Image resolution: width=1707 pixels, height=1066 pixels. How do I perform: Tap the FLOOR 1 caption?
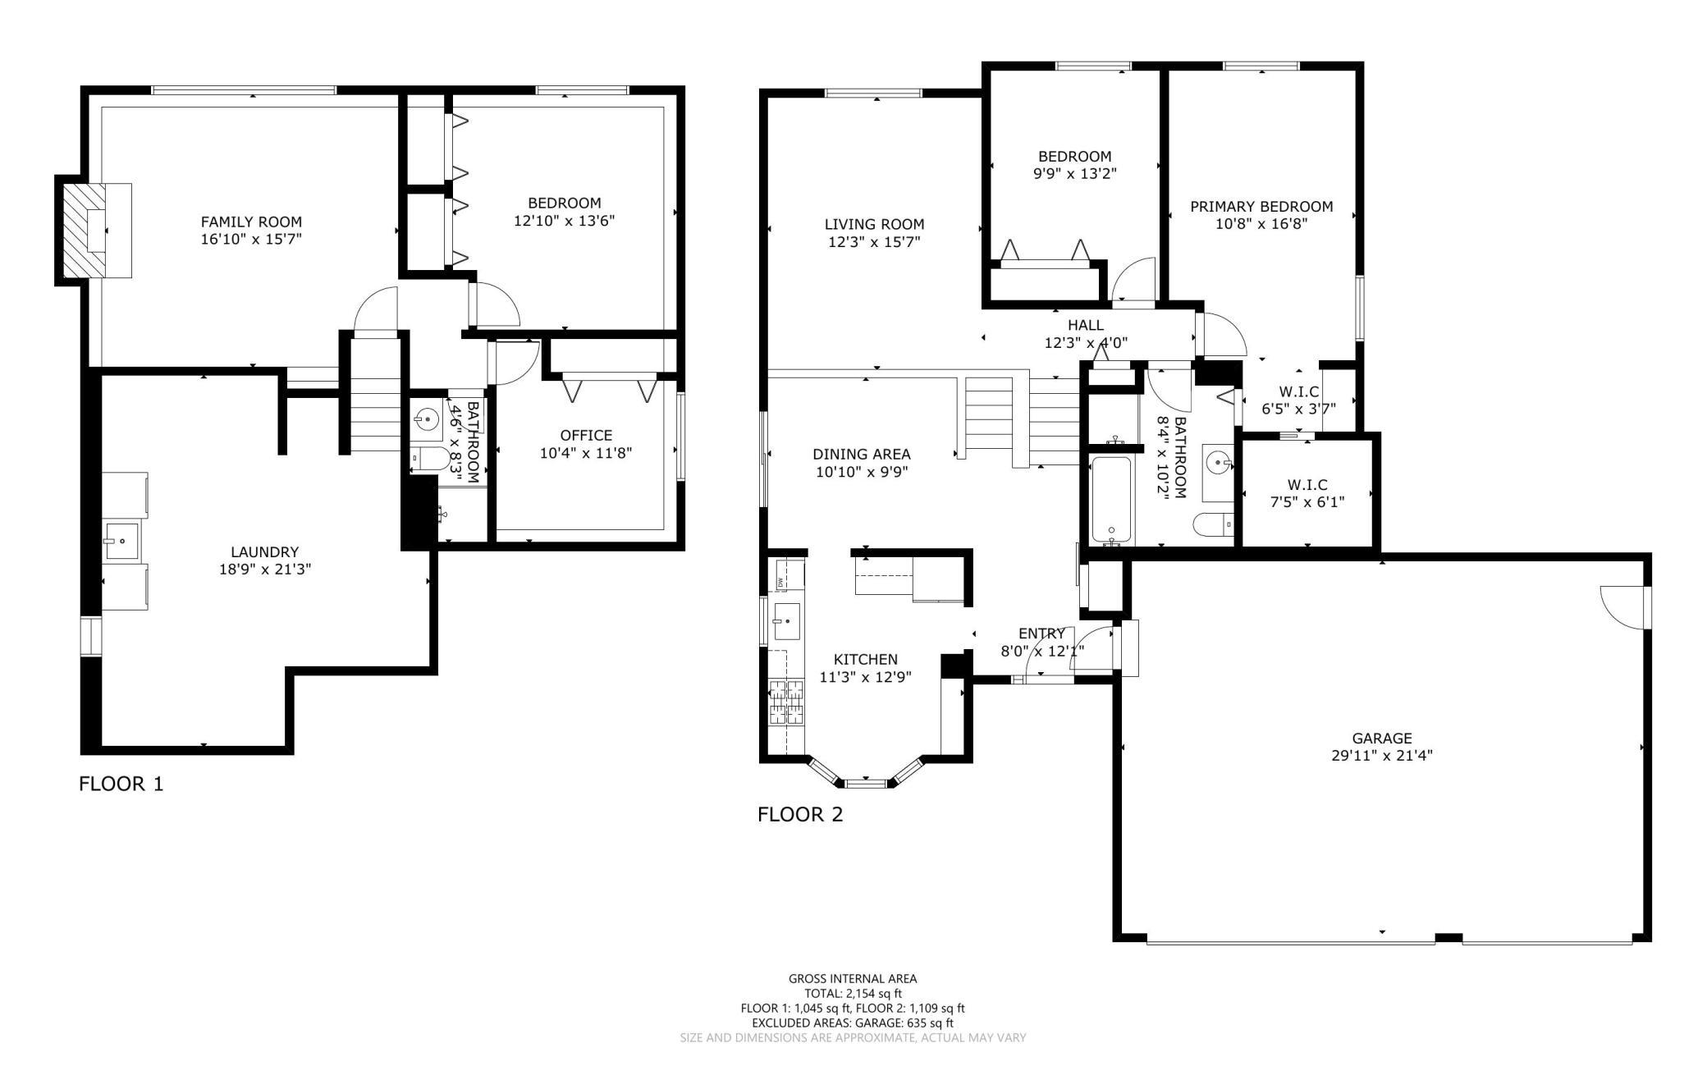pyautogui.click(x=121, y=784)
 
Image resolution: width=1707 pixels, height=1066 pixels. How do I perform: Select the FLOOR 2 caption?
pyautogui.click(x=800, y=814)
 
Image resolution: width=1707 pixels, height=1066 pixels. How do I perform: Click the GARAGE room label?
pyautogui.click(x=1382, y=738)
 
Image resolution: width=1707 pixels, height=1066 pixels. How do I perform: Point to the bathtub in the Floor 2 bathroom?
pyautogui.click(x=1113, y=501)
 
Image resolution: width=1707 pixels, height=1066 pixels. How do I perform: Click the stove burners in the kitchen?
pyautogui.click(x=786, y=702)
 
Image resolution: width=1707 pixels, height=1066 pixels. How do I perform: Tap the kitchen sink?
pyautogui.click(x=787, y=621)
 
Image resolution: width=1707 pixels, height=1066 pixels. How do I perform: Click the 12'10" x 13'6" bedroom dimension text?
pyautogui.click(x=565, y=220)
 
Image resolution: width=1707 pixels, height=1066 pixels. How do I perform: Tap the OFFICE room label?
pyautogui.click(x=586, y=435)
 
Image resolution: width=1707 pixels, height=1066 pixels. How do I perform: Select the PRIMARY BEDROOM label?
pyautogui.click(x=1261, y=207)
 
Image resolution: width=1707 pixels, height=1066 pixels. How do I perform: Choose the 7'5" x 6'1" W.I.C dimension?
pyautogui.click(x=1307, y=502)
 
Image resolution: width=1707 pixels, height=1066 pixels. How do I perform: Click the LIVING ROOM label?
pyautogui.click(x=874, y=224)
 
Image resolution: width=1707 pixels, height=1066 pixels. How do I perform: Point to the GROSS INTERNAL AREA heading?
pyautogui.click(x=853, y=978)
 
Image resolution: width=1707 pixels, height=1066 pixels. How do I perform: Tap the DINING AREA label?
pyautogui.click(x=862, y=454)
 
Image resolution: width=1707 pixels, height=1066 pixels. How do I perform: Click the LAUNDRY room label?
pyautogui.click(x=264, y=552)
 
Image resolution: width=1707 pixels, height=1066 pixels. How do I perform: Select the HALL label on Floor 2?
pyautogui.click(x=1086, y=325)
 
